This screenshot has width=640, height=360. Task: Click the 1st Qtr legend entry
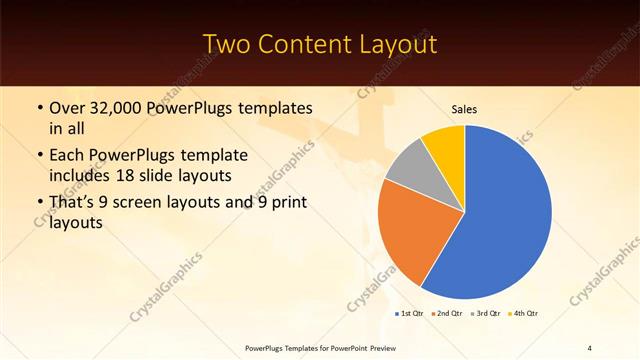[409, 314]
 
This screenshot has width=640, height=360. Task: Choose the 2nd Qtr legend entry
[445, 314]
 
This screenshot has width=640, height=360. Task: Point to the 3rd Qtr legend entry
[484, 314]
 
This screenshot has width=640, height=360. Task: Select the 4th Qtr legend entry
[522, 314]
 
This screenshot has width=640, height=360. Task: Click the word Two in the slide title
[227, 44]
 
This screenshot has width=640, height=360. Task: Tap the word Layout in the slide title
[396, 44]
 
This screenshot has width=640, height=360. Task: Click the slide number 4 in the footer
[589, 347]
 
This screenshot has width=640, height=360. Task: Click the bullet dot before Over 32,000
[39, 107]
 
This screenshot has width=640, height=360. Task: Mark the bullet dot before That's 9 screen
[39, 203]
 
